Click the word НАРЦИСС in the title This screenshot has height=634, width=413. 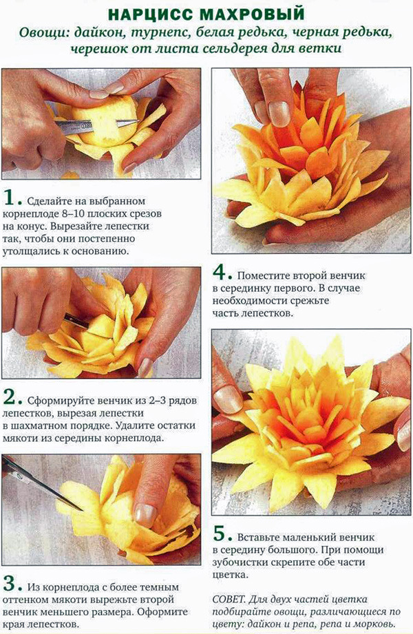pyautogui.click(x=151, y=14)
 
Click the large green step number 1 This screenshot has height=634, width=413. pyautogui.click(x=12, y=198)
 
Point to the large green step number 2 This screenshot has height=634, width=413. pyautogui.click(x=12, y=399)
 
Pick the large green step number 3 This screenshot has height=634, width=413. pyautogui.click(x=12, y=584)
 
